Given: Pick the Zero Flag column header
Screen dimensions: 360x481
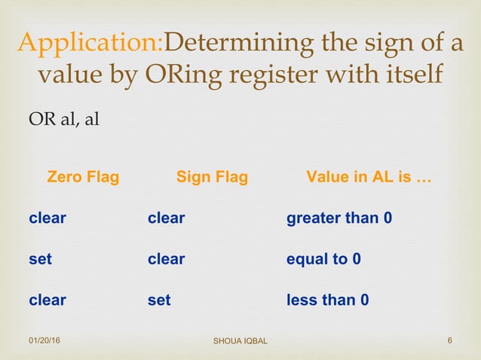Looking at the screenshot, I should [x=83, y=178].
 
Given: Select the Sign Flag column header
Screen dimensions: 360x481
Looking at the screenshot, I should [x=212, y=178].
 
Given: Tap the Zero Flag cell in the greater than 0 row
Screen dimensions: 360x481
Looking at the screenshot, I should [x=47, y=218].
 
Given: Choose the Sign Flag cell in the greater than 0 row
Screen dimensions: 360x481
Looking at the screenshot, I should [x=166, y=218].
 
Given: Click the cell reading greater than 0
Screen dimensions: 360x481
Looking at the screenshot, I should [x=339, y=218].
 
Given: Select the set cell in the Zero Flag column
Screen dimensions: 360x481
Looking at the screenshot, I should [x=40, y=259].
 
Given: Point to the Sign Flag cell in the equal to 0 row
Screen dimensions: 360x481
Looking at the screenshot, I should [x=166, y=259].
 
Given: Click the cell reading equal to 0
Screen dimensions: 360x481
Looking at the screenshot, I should [x=323, y=259].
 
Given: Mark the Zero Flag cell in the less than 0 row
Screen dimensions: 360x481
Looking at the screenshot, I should [x=47, y=300].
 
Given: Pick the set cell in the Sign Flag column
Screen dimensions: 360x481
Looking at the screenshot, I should [x=159, y=300].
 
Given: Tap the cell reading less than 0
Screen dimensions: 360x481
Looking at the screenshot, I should [x=327, y=300].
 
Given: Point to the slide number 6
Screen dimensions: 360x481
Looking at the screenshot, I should [x=449, y=342].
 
